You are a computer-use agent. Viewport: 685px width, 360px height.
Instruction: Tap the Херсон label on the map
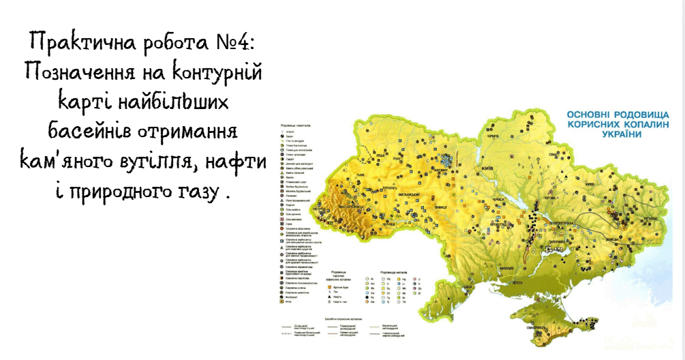(x=521, y=281)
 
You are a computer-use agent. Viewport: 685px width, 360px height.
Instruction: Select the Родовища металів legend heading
(x=386, y=272)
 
